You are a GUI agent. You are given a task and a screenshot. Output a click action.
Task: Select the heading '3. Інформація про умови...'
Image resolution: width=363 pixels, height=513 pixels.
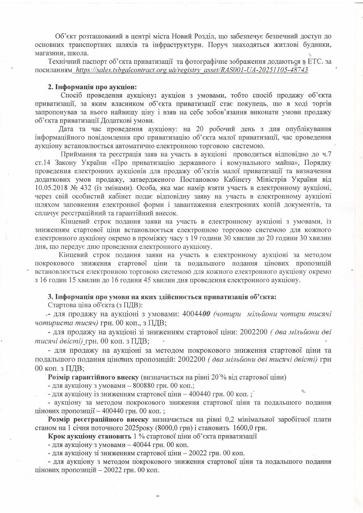coord(162,297)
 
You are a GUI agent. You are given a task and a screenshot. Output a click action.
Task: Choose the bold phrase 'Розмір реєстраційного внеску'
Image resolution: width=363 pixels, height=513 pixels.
coord(98,419)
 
